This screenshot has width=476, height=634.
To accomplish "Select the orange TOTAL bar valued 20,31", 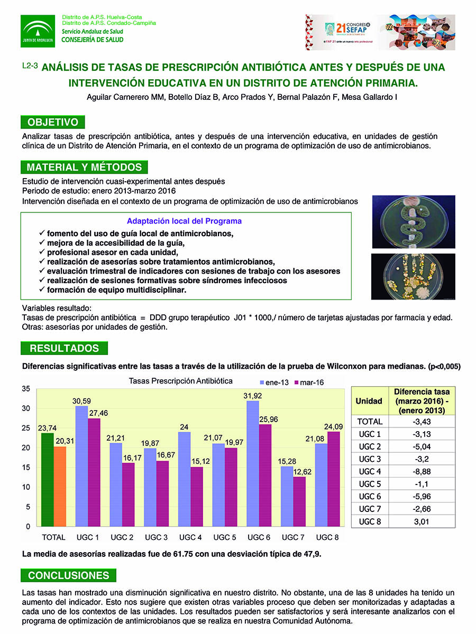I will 60,487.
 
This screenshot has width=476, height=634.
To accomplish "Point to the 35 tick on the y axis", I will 26,389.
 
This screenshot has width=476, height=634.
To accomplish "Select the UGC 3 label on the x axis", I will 155,537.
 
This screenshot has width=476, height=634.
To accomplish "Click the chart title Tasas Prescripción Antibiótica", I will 180,381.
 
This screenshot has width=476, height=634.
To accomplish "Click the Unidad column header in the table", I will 369,401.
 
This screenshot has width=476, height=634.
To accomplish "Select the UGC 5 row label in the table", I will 369,484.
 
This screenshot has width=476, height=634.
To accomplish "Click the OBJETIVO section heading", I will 53,123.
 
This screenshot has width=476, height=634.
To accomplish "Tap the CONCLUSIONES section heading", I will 69,576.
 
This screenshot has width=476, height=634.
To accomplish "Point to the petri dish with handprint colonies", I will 413,277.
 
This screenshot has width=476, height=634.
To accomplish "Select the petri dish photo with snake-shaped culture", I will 413,222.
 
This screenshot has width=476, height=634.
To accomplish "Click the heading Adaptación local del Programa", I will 184,221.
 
